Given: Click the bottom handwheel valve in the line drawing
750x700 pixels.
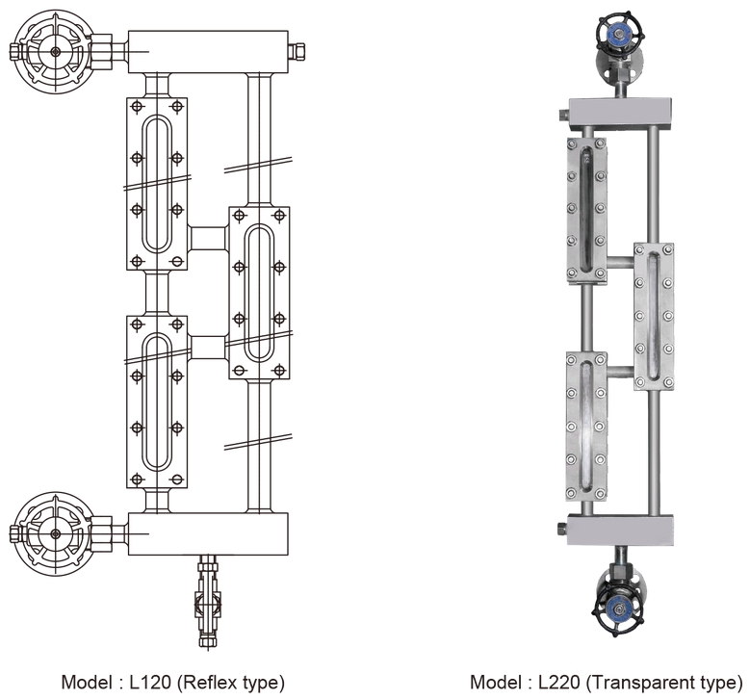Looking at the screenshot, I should coord(55,531).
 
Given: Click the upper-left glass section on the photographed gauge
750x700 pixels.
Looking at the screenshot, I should coord(586,209).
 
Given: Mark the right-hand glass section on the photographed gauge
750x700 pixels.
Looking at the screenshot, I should coord(654,317).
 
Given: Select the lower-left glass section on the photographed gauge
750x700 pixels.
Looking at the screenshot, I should coord(586,426).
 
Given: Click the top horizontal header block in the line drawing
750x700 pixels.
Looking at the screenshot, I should coord(208,50).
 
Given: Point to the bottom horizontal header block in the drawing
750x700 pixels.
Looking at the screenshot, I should coord(208,532).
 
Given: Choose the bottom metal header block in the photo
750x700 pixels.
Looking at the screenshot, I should coord(620,528).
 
